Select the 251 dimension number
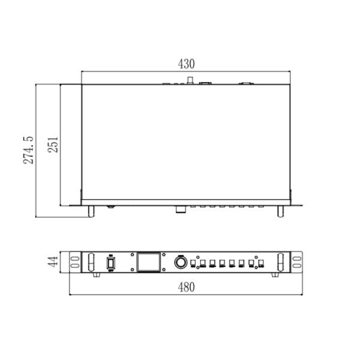pos(53,145)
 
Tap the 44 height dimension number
pos(53,262)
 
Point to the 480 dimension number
pos(187,287)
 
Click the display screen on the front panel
pos(148,262)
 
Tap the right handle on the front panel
pos(280,262)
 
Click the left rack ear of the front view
pos(75,262)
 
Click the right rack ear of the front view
pos(296,262)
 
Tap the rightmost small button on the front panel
pos(262,263)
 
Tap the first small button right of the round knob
pos(193,263)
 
